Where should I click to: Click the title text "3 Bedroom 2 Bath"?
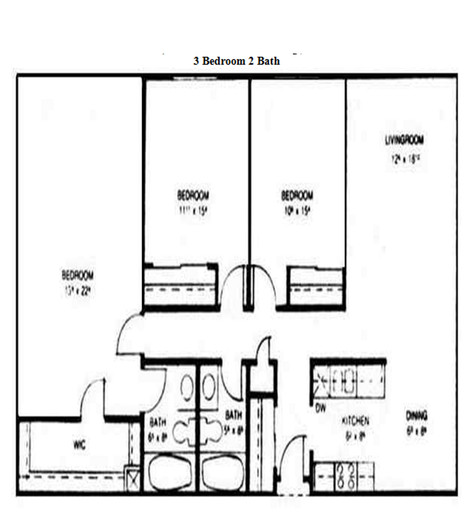pos(236,61)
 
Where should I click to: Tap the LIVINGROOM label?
pos(404,140)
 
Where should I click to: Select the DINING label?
pos(416,415)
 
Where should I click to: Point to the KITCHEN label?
pos(355,421)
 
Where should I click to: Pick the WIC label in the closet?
pos(80,445)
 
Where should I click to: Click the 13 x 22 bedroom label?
pos(77,276)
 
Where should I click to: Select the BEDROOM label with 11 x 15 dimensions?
pos(193,196)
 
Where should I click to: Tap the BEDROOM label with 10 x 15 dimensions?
pos(296,196)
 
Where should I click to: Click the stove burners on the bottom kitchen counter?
pos(345,475)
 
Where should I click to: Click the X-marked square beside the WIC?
pos(132,479)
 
